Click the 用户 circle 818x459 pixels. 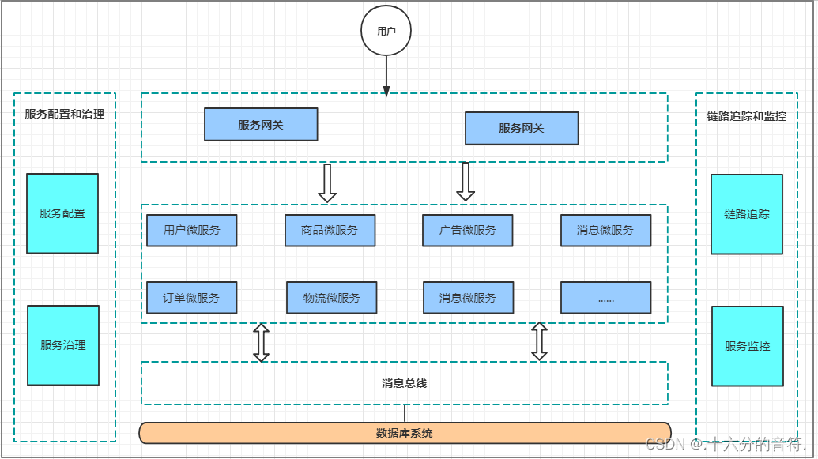[x=386, y=32]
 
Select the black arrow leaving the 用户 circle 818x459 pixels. [x=386, y=76]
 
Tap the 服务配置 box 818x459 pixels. [x=62, y=213]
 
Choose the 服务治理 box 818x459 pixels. [x=63, y=345]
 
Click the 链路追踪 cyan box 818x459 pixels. [x=747, y=214]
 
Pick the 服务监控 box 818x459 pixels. [x=748, y=346]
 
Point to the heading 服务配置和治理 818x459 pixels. [x=65, y=114]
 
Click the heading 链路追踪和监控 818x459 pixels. [x=747, y=116]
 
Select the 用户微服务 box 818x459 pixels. [x=192, y=230]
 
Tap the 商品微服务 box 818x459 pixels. [x=330, y=230]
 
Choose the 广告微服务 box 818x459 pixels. [x=468, y=230]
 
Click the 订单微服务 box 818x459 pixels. [x=192, y=298]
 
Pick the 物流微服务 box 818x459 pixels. [x=331, y=298]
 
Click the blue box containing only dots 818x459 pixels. [x=606, y=298]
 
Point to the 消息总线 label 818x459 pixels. [x=405, y=383]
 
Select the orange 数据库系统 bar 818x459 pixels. [x=405, y=433]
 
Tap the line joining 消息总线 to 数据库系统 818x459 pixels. [x=405, y=413]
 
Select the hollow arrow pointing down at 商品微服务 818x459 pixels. [x=327, y=183]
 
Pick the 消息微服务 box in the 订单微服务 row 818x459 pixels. [x=468, y=298]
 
